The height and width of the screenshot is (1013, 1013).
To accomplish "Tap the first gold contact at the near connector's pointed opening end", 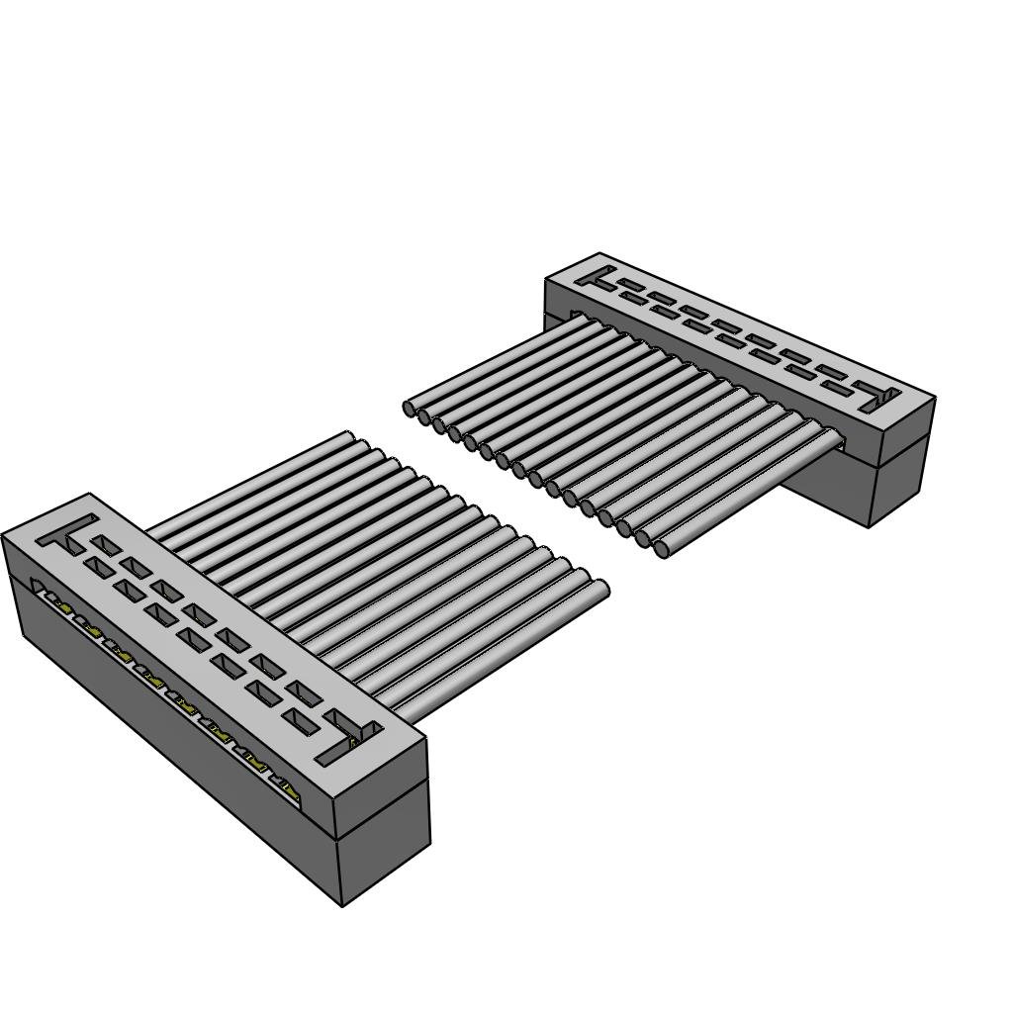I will pyautogui.click(x=51, y=598).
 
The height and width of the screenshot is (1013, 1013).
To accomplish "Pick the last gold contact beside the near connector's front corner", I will pyautogui.click(x=289, y=789).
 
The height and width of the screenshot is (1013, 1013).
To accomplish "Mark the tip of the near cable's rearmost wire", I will pyautogui.click(x=348, y=435).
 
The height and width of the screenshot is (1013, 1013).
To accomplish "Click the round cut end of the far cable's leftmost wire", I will pyautogui.click(x=410, y=408).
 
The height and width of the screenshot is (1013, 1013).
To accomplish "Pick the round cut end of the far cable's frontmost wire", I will pyautogui.click(x=662, y=548).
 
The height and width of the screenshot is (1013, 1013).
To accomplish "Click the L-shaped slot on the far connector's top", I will pyautogui.click(x=878, y=397).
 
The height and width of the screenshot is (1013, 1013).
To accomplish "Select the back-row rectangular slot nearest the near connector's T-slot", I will pyautogui.click(x=106, y=545).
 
